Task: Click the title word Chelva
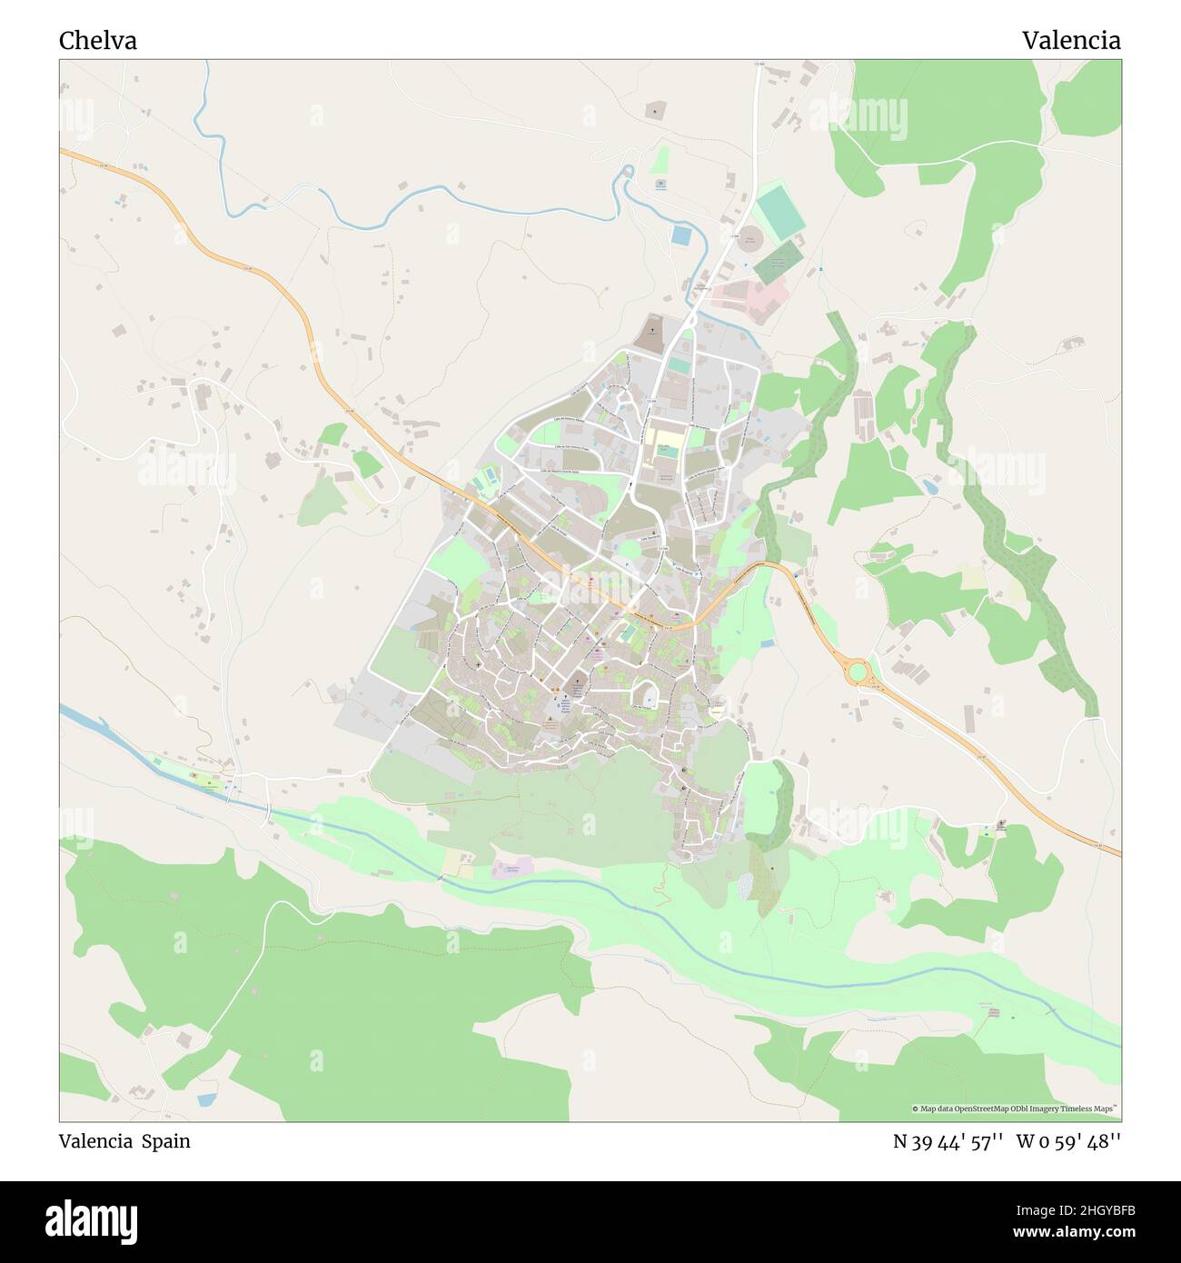pyautogui.click(x=98, y=41)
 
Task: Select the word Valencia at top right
pyautogui.click(x=1070, y=41)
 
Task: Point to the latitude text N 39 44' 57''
pyautogui.click(x=948, y=1141)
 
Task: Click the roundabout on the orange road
pyautogui.click(x=857, y=673)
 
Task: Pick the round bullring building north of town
pyautogui.click(x=749, y=241)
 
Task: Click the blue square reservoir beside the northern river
pyautogui.click(x=680, y=234)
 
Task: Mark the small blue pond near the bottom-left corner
pyautogui.click(x=206, y=1099)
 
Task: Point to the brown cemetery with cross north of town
pyautogui.click(x=649, y=335)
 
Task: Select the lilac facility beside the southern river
pyautogui.click(x=511, y=868)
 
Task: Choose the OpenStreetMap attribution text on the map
pyautogui.click(x=1016, y=1109)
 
